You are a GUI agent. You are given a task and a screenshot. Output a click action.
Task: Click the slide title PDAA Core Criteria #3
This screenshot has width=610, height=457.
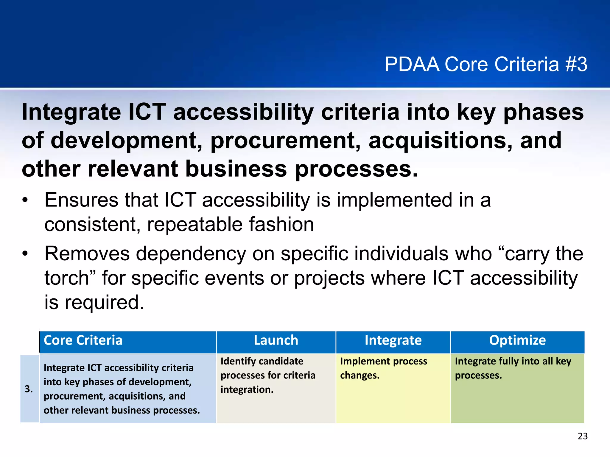click(486, 64)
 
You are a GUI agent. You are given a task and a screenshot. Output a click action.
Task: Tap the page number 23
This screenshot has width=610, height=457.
click(583, 436)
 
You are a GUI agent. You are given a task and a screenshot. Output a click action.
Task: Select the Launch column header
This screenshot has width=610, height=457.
click(276, 340)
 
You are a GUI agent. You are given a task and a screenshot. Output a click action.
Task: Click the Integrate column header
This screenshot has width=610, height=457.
click(393, 340)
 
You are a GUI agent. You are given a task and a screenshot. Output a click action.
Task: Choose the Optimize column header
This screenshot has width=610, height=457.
click(517, 340)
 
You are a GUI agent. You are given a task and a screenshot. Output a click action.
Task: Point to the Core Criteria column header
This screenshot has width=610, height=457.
click(83, 340)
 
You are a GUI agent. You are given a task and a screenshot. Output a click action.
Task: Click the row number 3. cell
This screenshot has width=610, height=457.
click(29, 389)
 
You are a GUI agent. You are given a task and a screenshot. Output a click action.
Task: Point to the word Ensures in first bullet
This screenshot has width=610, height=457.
click(81, 200)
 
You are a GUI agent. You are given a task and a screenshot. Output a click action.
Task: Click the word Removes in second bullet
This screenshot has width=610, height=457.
click(87, 254)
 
